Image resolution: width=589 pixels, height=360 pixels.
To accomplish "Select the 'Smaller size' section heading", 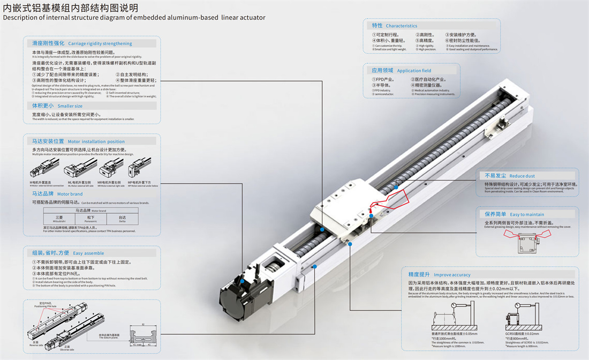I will tap(70, 106).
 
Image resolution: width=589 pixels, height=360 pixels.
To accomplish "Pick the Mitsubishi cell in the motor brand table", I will tap(59, 219).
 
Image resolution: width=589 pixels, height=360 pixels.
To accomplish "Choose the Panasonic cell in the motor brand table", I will tap(91, 219).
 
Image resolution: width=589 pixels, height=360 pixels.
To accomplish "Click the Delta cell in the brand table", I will tap(122, 219).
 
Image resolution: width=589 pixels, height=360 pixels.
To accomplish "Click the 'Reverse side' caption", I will tap(35, 343).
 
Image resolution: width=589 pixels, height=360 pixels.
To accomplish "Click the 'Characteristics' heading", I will tap(401, 26).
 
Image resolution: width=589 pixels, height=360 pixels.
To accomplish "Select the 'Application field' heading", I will tap(414, 71).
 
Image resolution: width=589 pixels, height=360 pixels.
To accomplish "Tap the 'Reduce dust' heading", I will tap(522, 176).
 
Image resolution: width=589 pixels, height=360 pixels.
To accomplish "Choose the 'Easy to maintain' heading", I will tap(527, 214).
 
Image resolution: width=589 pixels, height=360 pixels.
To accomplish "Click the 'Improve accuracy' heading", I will tap(452, 275).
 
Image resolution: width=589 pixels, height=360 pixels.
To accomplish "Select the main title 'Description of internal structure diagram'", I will tap(134, 17).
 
